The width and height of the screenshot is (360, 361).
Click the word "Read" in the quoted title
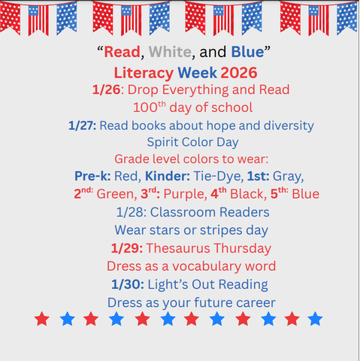click(119, 53)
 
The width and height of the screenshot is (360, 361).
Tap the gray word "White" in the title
click(170, 53)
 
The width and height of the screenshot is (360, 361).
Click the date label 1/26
click(106, 89)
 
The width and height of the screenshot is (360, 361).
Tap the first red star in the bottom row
click(42, 320)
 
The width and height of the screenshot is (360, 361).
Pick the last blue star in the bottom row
click(315, 320)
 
